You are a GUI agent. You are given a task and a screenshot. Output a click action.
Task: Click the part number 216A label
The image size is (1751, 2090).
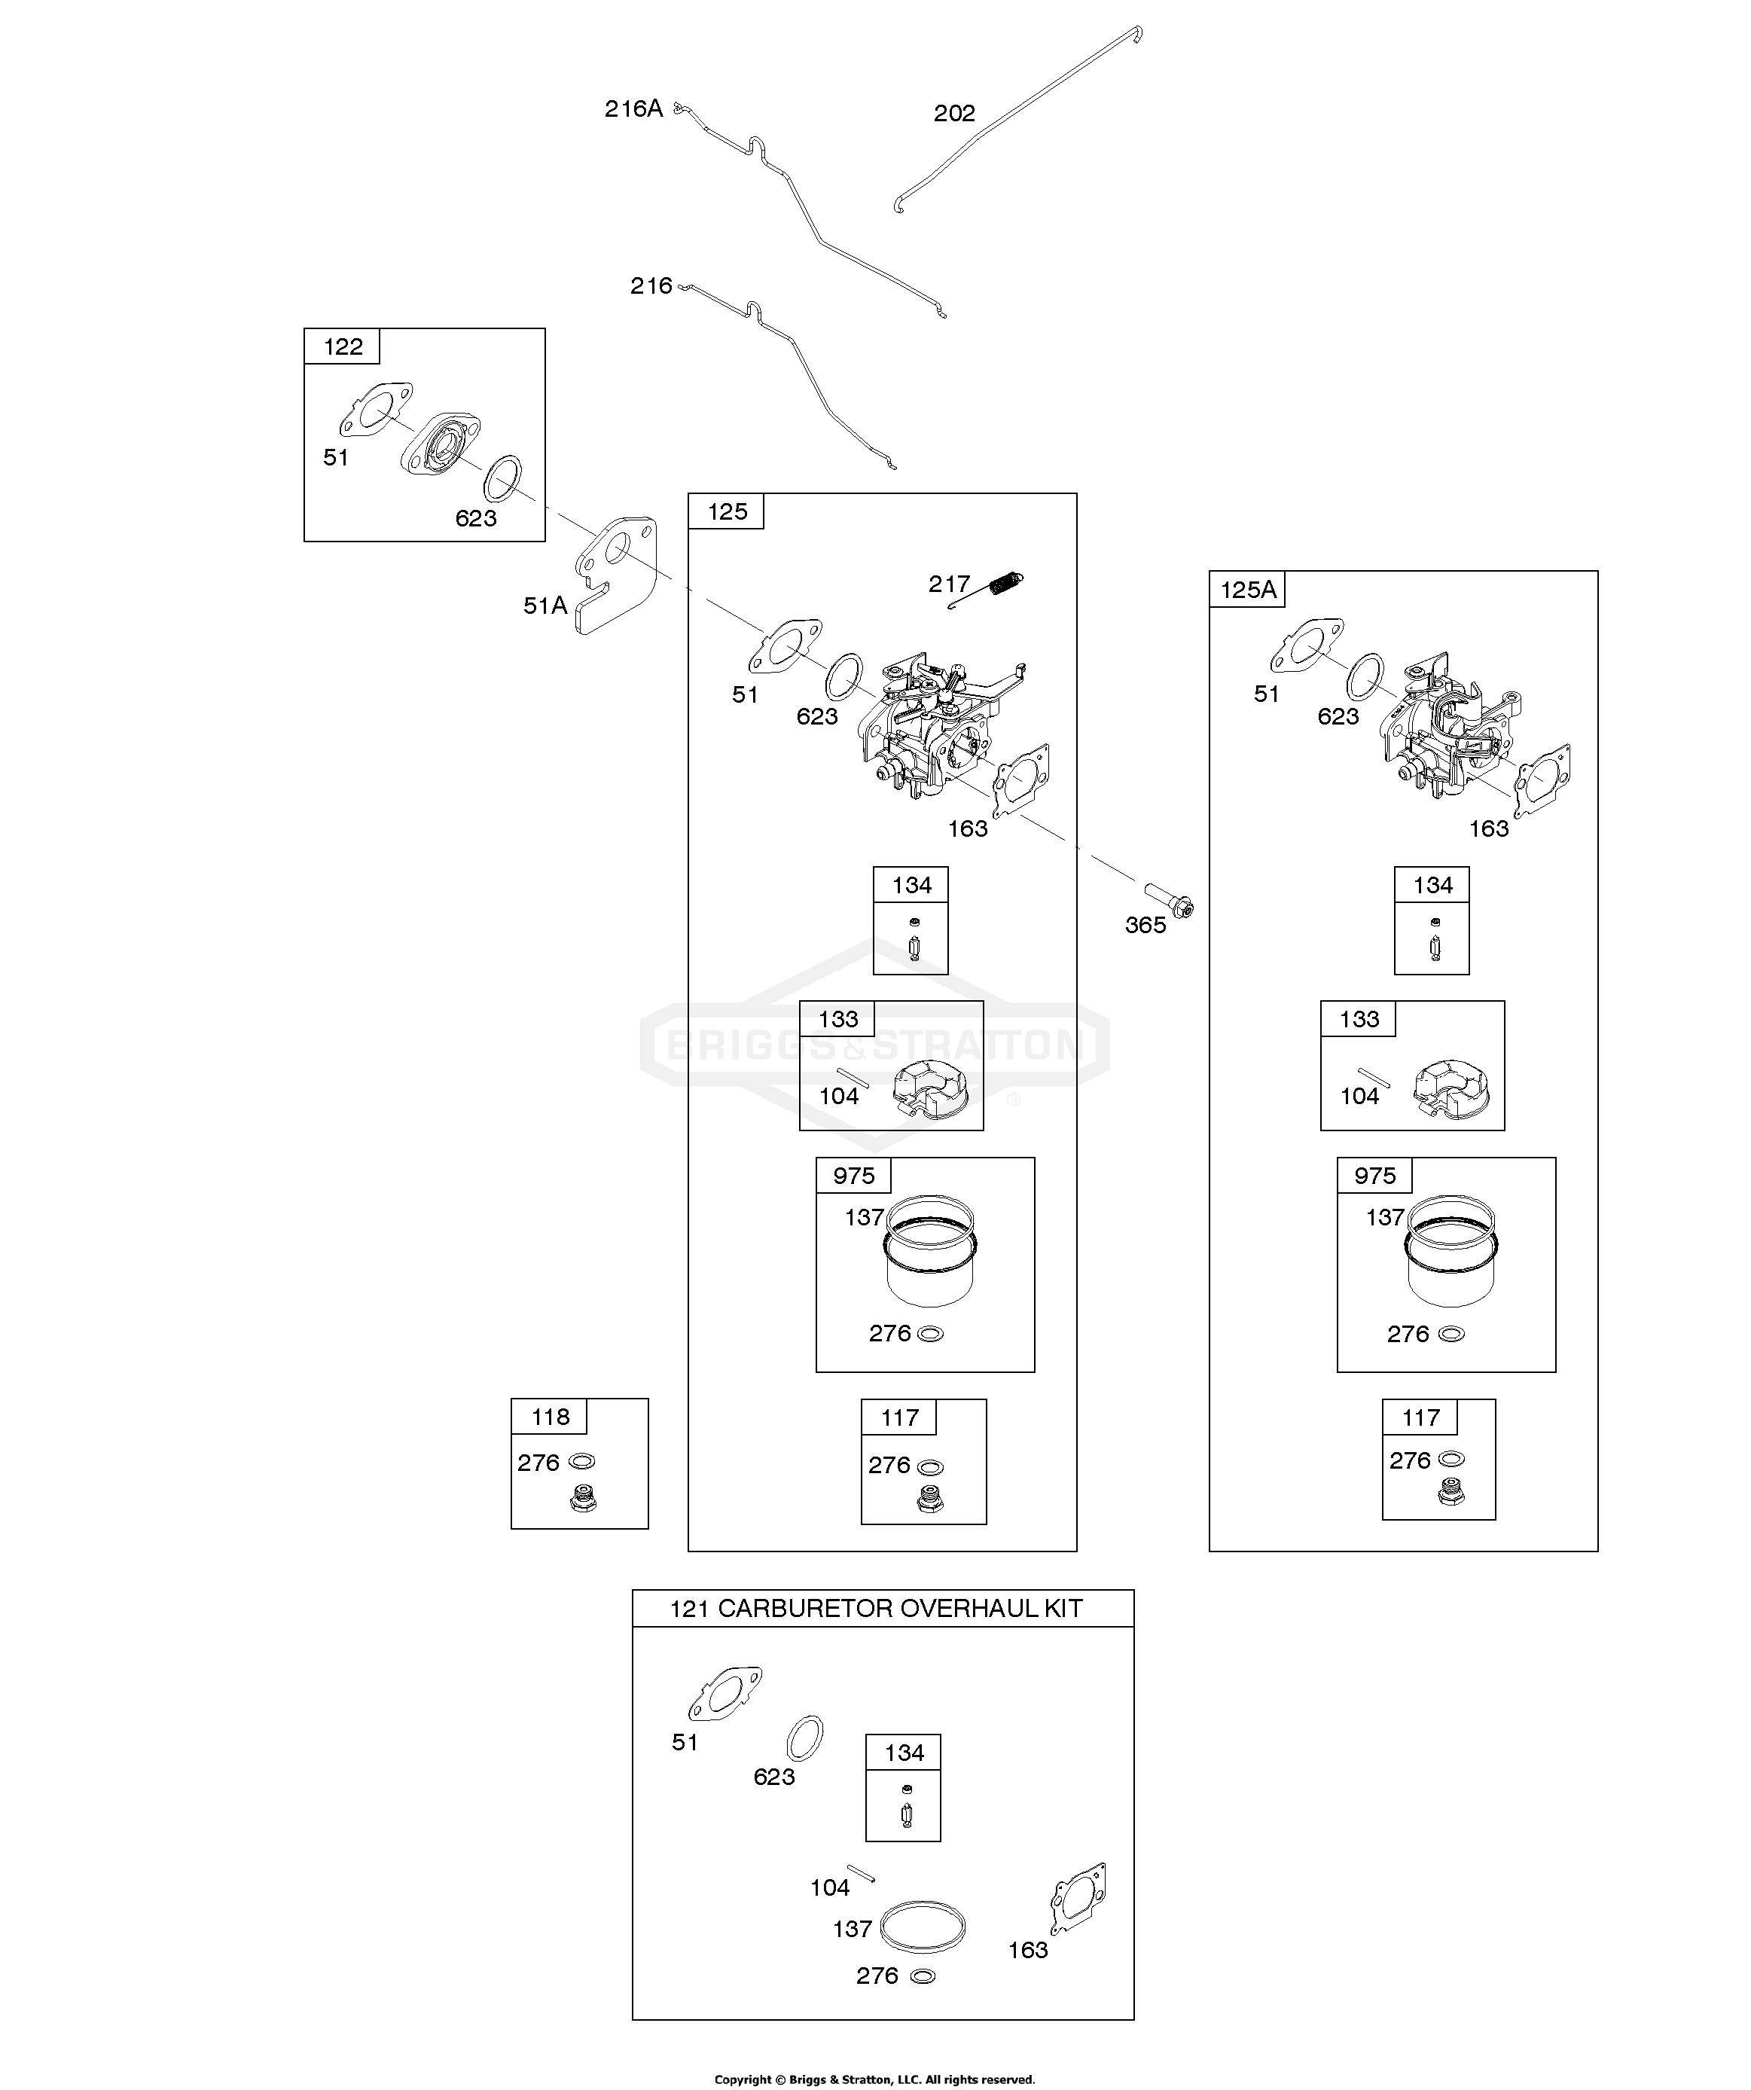[633, 108]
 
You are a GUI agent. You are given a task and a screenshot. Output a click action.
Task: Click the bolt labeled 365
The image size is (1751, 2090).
[1169, 899]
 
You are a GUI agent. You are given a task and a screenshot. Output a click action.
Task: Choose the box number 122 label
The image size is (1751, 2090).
[343, 346]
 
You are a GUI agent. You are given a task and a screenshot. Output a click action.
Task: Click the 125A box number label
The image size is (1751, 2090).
[1247, 589]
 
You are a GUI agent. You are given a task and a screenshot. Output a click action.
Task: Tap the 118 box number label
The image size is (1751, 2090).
[551, 1416]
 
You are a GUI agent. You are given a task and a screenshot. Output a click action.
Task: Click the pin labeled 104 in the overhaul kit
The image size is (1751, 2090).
[861, 1872]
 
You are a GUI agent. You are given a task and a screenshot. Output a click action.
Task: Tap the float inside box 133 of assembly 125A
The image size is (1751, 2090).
[1450, 1086]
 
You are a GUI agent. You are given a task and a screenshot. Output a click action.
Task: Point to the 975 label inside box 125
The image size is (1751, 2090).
[853, 1176]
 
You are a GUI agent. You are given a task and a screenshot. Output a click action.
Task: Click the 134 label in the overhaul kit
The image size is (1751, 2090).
[904, 1753]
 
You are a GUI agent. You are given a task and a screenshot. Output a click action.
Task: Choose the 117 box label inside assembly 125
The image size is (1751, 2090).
[899, 1417]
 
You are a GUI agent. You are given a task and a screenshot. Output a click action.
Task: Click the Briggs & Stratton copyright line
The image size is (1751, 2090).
[875, 2079]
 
